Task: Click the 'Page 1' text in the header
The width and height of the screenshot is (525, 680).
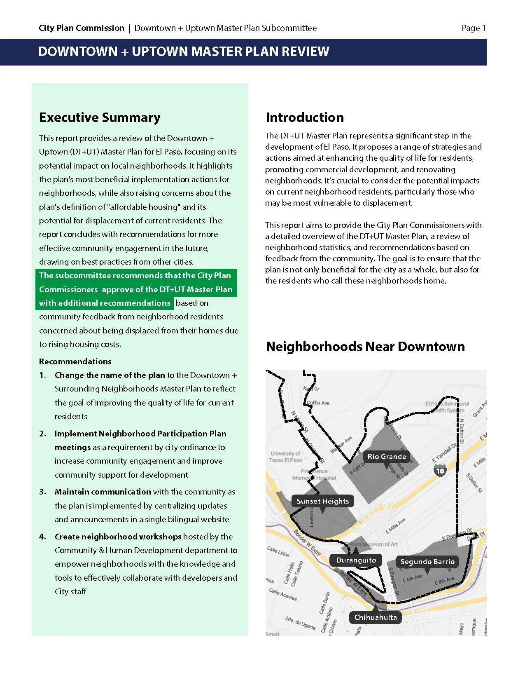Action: point(474,28)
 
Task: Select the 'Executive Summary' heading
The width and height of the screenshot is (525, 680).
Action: point(100,117)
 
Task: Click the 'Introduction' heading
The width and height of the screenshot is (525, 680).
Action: point(305,117)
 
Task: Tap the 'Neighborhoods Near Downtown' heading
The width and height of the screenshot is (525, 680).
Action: point(365,347)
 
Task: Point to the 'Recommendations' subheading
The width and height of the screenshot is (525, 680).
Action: point(75,361)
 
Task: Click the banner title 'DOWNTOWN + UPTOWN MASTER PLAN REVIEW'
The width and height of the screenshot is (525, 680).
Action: point(183,52)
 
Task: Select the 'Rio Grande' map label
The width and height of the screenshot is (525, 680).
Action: point(387,457)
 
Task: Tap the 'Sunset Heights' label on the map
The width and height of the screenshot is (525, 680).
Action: point(322,501)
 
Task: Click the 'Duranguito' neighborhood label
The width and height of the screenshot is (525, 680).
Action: point(356,560)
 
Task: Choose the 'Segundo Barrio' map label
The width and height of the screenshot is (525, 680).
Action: point(427,562)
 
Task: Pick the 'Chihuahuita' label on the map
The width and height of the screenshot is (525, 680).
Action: point(376,617)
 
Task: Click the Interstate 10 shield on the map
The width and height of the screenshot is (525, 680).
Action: point(440,471)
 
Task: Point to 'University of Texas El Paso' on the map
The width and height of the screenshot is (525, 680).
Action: point(285,457)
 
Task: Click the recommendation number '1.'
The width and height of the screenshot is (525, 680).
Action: point(43,375)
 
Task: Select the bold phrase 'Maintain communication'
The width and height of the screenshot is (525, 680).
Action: point(103,492)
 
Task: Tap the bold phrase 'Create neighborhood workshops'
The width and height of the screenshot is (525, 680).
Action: point(118,537)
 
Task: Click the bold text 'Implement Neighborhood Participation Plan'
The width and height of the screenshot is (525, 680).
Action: point(140,434)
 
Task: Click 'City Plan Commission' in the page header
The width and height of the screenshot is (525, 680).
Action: point(82,28)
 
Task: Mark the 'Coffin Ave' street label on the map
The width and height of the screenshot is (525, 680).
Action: point(318,403)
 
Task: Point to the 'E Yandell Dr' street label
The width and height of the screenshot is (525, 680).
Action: point(444,453)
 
